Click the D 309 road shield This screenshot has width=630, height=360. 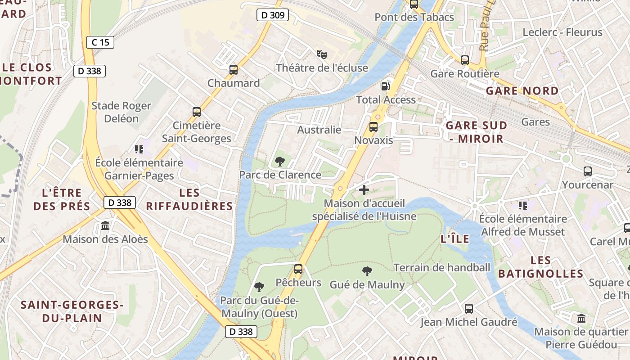[x=273, y=15]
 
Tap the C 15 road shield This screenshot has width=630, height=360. [x=100, y=42]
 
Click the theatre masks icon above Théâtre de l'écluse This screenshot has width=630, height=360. [x=321, y=54]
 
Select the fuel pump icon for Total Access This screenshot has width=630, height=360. [x=386, y=86]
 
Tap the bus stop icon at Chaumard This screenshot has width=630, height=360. [x=233, y=70]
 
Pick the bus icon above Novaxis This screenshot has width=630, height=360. [x=373, y=127]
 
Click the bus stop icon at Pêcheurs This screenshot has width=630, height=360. [x=298, y=269]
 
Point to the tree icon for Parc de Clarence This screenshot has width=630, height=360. [x=279, y=161]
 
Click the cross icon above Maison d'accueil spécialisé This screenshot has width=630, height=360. [x=364, y=190]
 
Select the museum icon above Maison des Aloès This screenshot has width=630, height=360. [x=105, y=225]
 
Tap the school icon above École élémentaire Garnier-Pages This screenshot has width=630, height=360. [x=139, y=149]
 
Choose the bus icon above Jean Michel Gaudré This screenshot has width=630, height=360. [x=468, y=309]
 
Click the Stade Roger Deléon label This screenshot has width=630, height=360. [x=121, y=112]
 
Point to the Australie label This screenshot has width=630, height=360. [x=319, y=130]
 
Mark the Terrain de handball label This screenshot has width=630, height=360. [x=441, y=267]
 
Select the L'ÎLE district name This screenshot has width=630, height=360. [x=454, y=239]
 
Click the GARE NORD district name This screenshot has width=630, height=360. [x=522, y=91]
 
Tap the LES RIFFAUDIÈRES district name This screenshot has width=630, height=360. [x=189, y=199]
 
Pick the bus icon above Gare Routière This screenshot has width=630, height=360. [x=465, y=60]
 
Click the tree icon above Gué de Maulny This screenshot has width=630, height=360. [x=367, y=271]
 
